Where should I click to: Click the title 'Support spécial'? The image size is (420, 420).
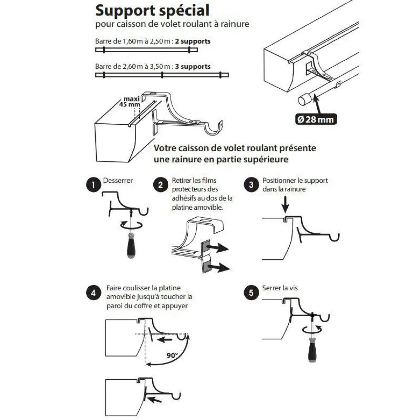152,10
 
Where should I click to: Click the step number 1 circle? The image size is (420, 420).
93,185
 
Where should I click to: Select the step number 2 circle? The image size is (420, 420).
160,185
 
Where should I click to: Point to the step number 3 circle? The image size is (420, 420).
251,185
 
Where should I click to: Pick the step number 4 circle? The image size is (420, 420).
93,292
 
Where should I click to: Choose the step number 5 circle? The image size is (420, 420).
251,292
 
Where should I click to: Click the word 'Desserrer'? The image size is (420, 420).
118,180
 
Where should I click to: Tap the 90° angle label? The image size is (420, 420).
172,355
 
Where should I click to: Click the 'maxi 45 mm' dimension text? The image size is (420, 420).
130,102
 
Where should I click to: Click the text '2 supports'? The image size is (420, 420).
193,41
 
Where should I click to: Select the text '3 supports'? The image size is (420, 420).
193,67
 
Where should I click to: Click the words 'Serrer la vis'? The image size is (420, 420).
280,288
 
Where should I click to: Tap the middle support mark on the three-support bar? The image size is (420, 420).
162,75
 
